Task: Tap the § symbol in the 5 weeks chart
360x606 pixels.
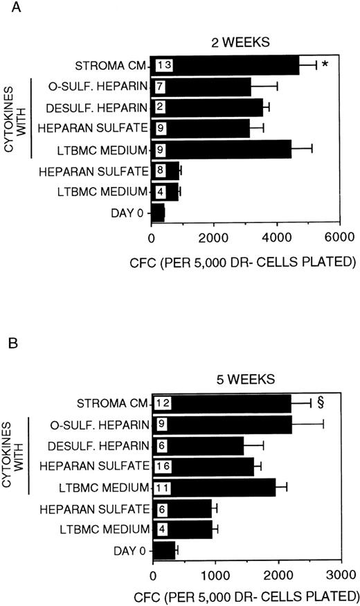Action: click(x=321, y=401)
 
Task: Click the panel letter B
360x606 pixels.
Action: click(x=7, y=344)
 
